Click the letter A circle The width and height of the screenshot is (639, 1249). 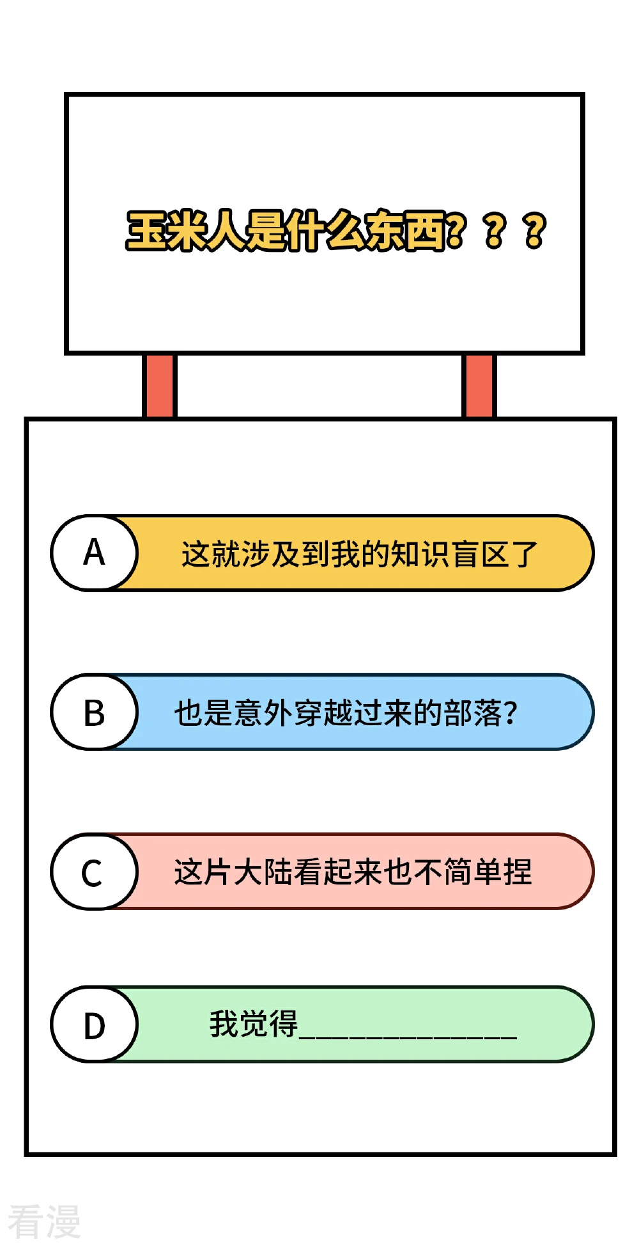point(94,553)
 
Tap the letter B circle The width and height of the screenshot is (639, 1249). point(94,712)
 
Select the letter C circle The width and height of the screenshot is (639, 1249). point(94,871)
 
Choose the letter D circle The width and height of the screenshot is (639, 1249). point(94,1025)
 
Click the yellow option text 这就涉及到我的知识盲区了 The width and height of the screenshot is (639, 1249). point(360,554)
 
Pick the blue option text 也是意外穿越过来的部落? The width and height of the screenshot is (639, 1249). point(346,713)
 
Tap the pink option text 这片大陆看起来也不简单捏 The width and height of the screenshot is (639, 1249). point(353,872)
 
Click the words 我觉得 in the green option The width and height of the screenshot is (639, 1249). point(254,1024)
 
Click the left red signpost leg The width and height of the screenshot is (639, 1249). point(159,386)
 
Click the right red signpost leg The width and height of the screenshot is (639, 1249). point(479,386)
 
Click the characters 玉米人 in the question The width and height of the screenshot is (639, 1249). point(186,230)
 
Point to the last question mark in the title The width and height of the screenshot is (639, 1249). point(534,230)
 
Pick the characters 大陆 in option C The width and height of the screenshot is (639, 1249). point(263,872)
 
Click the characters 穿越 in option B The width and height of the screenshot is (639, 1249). point(323,713)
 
